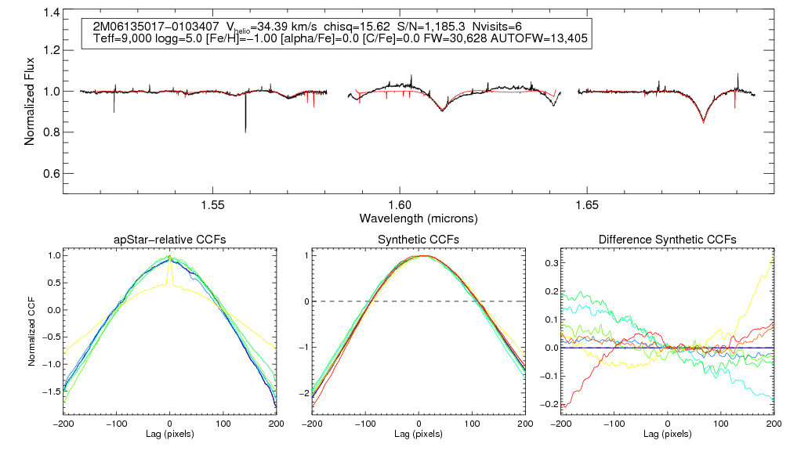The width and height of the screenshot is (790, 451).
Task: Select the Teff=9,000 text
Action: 121,38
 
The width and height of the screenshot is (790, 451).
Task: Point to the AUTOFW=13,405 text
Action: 540,38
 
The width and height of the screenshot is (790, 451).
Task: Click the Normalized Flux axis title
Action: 30,99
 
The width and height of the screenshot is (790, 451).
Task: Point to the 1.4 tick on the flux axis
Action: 52,13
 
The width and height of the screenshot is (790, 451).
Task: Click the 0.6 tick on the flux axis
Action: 52,173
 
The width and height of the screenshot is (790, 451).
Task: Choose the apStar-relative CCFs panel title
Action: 170,240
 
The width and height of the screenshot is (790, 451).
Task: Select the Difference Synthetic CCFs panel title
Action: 667,240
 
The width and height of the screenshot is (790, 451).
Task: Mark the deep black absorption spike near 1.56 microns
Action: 245,129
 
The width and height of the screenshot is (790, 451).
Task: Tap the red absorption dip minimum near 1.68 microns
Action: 704,122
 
